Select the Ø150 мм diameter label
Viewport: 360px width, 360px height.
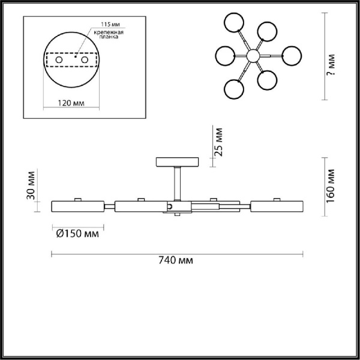78,233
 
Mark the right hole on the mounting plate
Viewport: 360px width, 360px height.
86,60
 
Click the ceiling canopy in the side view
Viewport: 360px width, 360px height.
177,162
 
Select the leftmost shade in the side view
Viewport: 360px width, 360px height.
79,206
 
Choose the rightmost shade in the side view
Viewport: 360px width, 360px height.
277,206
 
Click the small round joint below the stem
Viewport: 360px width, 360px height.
170,206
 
